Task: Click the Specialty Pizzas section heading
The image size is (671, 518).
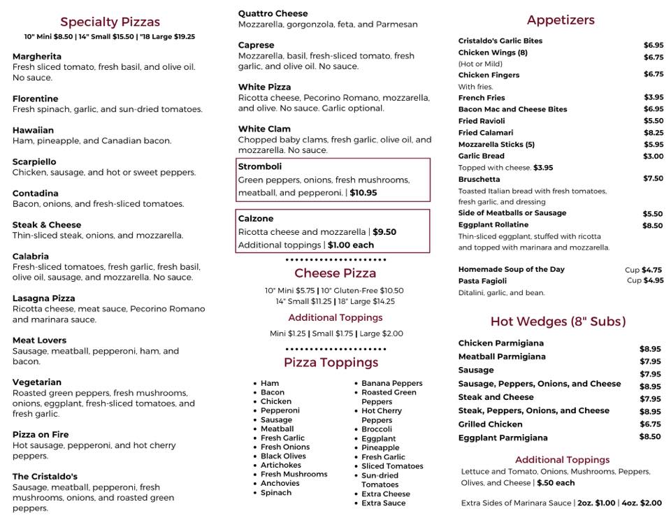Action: coord(110,22)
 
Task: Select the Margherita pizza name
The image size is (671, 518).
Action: coord(37,56)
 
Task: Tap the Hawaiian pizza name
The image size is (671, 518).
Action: coord(33,130)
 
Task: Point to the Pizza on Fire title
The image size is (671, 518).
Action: coord(41,434)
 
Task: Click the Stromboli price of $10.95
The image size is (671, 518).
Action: coord(363,193)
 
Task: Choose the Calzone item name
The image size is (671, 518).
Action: coord(256,219)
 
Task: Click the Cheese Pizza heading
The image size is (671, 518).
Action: coord(335,273)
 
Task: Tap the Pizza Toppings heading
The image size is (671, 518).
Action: coord(331,362)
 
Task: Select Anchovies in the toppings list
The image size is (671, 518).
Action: coord(280,483)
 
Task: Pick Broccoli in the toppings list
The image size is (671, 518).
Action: coord(377,429)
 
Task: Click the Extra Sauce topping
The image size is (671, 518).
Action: coord(383,503)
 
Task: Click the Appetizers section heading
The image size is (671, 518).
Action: coord(561,20)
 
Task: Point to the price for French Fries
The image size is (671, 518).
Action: coord(654,98)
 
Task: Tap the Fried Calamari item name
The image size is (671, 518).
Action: coord(486,132)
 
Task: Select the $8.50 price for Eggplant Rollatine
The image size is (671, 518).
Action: coord(653,226)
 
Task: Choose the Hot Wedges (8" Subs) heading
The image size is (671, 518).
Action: coord(558,322)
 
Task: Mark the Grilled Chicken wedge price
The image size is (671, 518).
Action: coord(650,424)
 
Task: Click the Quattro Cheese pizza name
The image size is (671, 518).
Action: coord(273,13)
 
